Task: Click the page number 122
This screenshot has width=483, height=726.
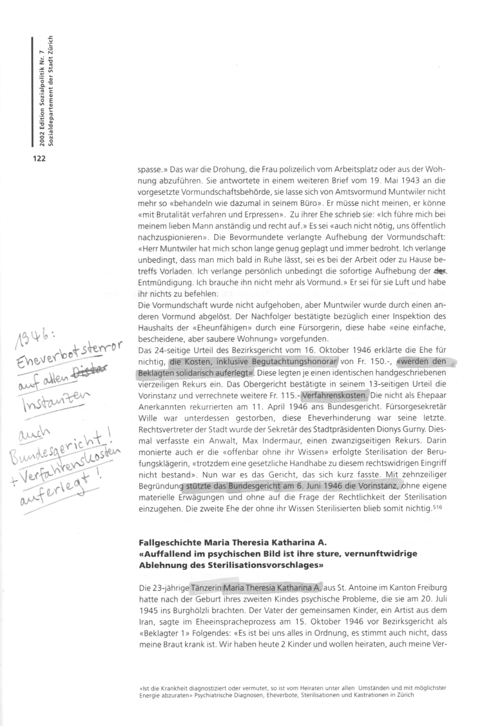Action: (38, 158)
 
